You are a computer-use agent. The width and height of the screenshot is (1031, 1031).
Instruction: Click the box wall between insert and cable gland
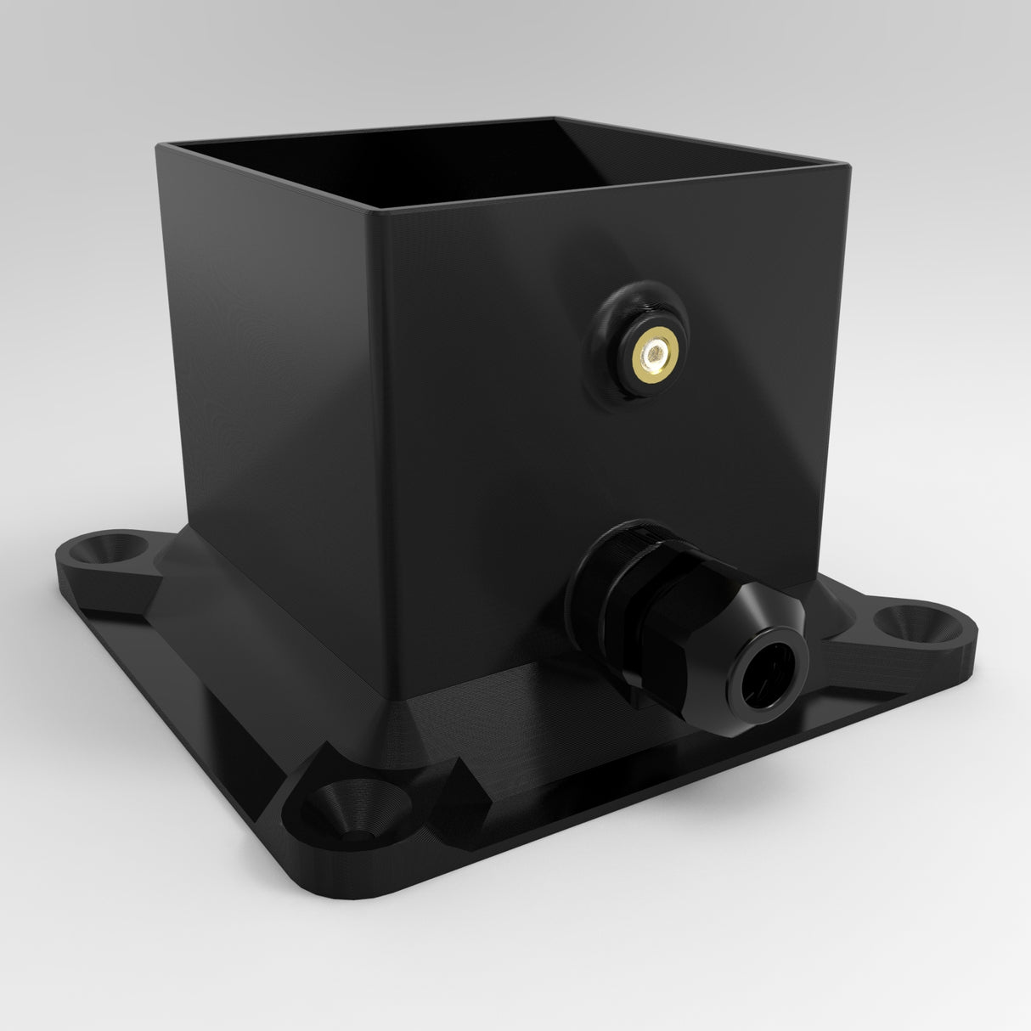(x=611, y=459)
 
